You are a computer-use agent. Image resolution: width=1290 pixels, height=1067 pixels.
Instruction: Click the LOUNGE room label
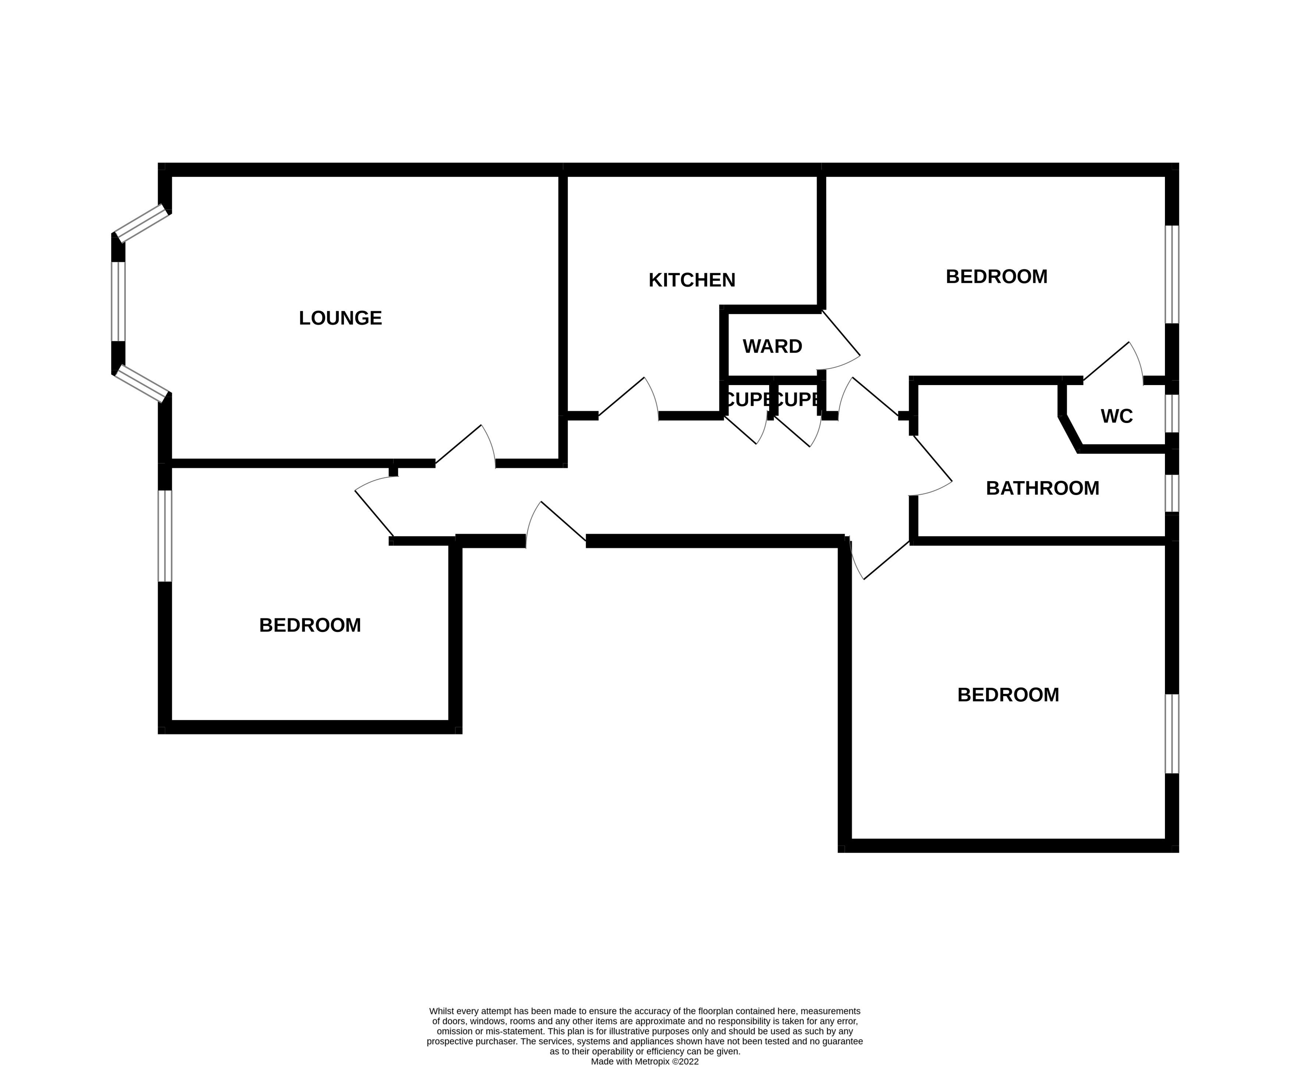[340, 318]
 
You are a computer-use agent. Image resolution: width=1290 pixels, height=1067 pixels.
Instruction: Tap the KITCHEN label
[692, 280]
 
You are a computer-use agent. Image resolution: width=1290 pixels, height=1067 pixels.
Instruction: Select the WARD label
[772, 346]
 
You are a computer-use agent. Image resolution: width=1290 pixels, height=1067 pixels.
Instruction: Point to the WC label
[1116, 416]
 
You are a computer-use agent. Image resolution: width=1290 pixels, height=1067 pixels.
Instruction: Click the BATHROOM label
[1042, 488]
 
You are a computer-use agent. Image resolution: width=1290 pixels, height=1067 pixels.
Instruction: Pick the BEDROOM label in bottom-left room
[310, 625]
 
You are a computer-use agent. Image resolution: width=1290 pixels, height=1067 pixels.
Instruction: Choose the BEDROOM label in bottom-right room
[1008, 695]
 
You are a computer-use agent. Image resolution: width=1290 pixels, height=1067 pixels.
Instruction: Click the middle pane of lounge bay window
[118, 301]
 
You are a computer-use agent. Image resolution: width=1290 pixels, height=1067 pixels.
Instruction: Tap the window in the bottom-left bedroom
[165, 535]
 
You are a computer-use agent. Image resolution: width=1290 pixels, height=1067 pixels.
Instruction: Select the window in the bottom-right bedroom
[1172, 733]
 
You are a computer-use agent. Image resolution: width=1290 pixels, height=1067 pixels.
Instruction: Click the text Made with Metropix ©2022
[644, 1061]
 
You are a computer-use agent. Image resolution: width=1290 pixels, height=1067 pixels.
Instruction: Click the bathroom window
[1172, 493]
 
